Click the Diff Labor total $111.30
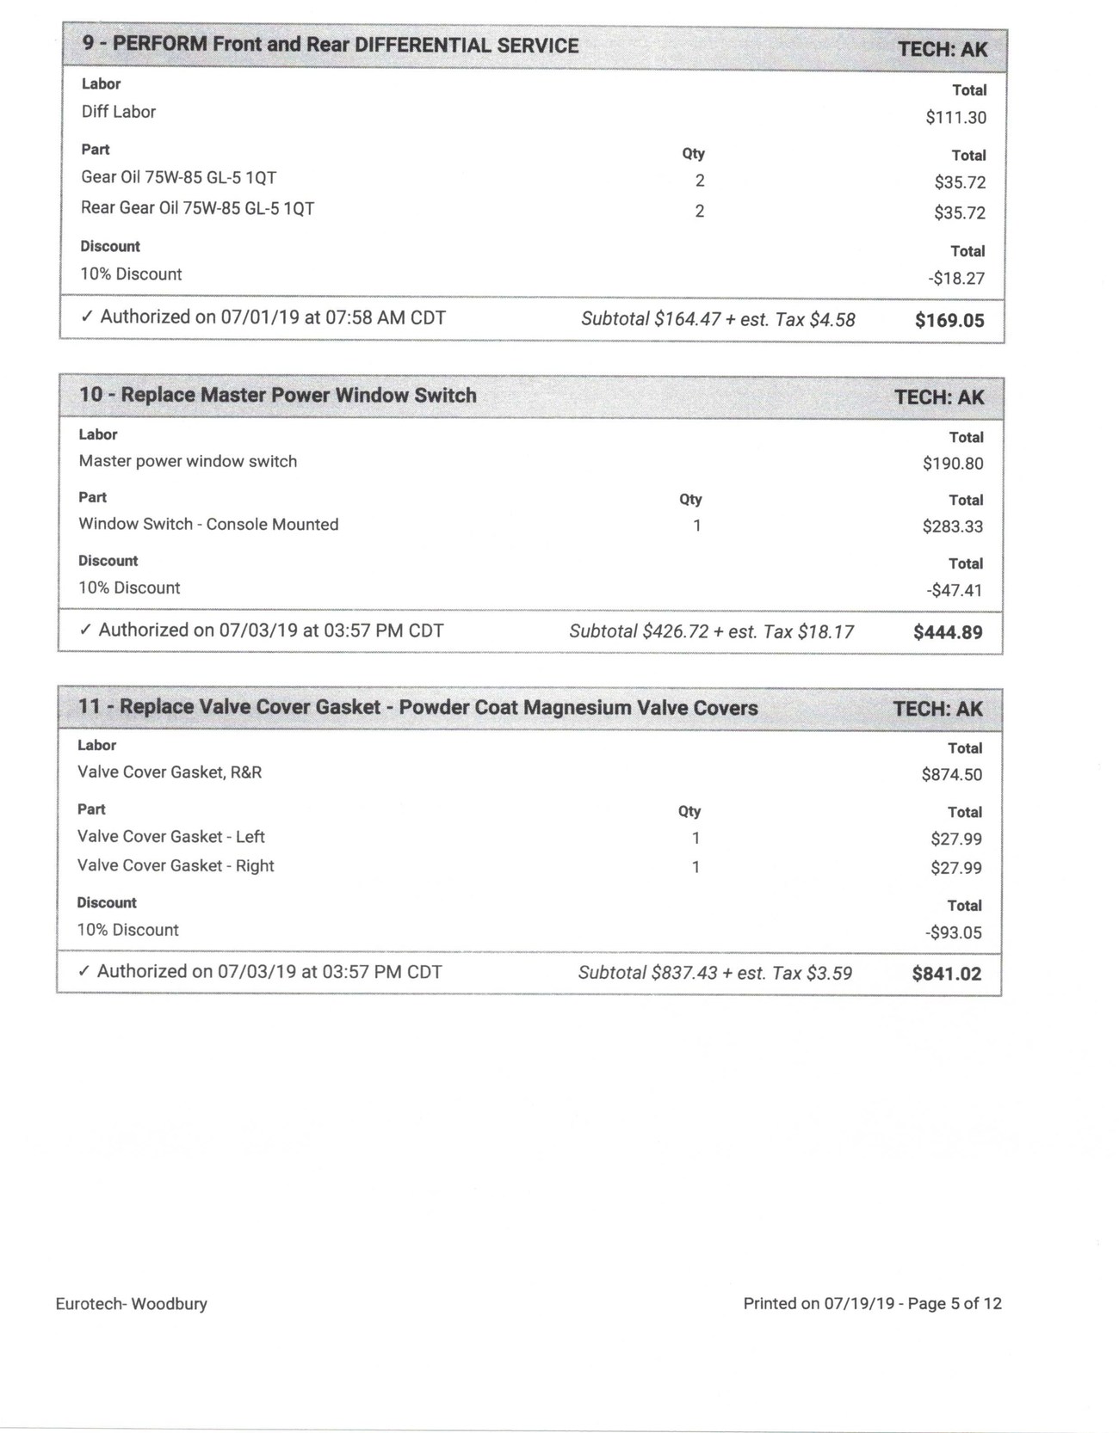[x=955, y=118]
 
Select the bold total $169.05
[x=949, y=321]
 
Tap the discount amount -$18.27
[x=956, y=279]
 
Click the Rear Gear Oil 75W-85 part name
[x=197, y=208]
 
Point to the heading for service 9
[x=331, y=46]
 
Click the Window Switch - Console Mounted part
[x=208, y=525]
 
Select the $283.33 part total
[x=952, y=526]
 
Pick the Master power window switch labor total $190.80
[x=952, y=464]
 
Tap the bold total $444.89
[x=947, y=633]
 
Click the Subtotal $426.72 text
[x=639, y=632]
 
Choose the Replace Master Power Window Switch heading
[x=277, y=396]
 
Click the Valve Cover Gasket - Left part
[x=170, y=837]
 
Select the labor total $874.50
[x=951, y=775]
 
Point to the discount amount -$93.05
[x=955, y=933]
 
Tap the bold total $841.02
[x=946, y=975]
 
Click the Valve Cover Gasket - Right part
[x=176, y=866]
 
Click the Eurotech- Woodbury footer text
[x=131, y=1304]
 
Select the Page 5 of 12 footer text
[x=955, y=1304]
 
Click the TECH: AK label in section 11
[x=937, y=710]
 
